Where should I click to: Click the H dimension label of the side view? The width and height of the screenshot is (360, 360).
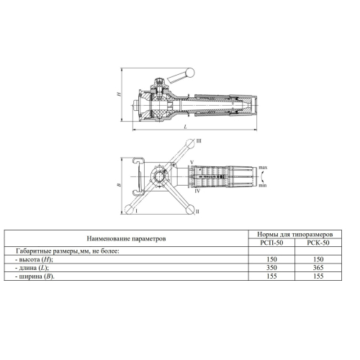pos(119,94)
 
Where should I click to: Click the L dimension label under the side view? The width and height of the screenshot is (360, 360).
pos(185,127)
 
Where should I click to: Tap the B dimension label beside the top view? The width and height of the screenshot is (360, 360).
pos(119,185)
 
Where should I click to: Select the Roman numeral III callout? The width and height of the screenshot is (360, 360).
pos(199,141)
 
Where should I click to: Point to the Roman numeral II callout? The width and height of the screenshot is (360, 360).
pos(197,212)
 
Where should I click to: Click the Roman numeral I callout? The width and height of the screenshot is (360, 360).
pos(136,211)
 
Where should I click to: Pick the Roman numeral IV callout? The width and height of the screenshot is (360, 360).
pos(197,192)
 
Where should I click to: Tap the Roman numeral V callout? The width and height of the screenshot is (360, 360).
pos(192,163)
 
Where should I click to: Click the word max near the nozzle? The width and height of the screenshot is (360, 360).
pos(263,168)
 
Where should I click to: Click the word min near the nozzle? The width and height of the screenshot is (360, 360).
pos(263,185)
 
